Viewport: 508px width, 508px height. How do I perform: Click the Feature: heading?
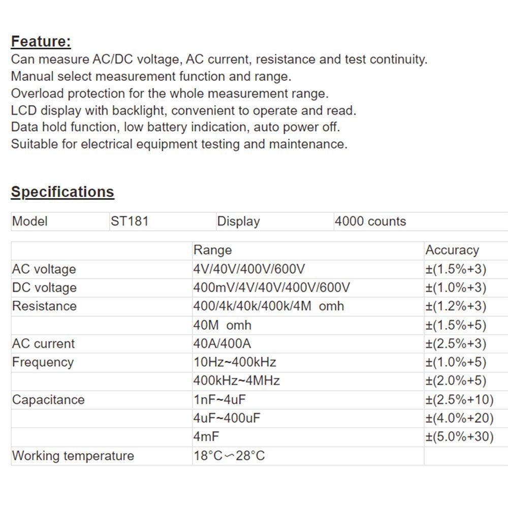tap(41, 41)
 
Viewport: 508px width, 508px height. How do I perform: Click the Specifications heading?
tap(62, 192)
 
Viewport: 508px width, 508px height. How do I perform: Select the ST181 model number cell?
tap(130, 221)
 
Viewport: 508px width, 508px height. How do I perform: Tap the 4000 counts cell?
tap(370, 221)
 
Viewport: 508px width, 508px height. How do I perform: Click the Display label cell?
tap(238, 221)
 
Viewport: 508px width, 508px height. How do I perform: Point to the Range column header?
tap(212, 250)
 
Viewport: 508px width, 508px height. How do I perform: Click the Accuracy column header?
tap(452, 250)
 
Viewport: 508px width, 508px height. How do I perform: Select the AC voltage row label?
tap(44, 269)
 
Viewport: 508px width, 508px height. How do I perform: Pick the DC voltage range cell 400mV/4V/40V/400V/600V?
tap(271, 288)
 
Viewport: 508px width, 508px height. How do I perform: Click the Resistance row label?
tap(44, 306)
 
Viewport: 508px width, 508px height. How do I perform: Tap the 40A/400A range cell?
tap(222, 343)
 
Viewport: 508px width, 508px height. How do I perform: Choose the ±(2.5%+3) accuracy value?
tap(456, 343)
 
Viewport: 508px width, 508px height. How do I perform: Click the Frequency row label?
tap(43, 362)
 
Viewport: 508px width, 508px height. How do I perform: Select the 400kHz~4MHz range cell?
tap(236, 380)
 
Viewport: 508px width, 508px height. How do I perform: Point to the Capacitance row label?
tap(48, 400)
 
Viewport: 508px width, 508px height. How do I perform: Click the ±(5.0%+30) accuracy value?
tap(459, 436)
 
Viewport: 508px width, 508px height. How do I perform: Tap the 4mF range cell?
tap(206, 436)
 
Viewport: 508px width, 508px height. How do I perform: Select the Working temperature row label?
tap(73, 456)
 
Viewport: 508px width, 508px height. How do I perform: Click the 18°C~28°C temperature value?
tap(229, 456)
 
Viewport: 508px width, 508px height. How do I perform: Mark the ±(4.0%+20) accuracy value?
tap(459, 418)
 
